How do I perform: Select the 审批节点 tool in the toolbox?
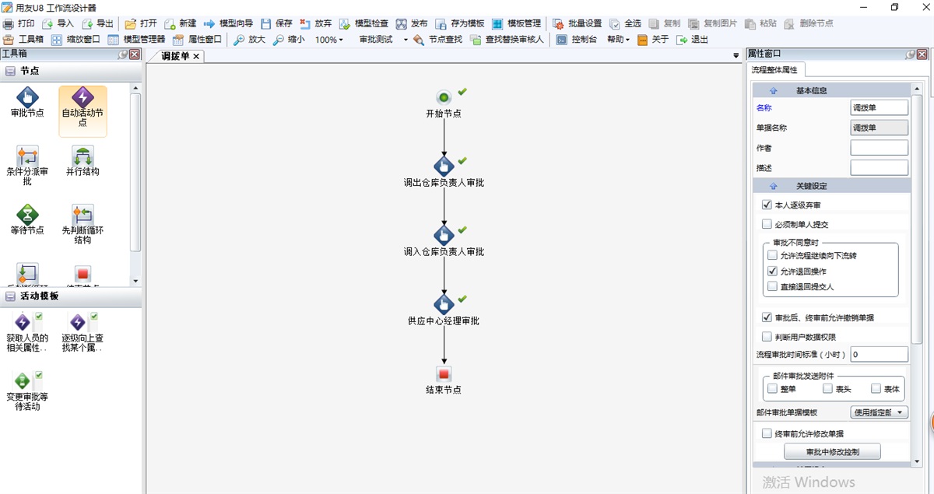click(x=27, y=98)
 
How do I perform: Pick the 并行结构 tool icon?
click(x=83, y=156)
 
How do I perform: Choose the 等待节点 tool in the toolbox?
click(x=27, y=214)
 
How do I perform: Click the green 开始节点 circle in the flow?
click(x=444, y=97)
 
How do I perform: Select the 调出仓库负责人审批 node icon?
click(x=444, y=166)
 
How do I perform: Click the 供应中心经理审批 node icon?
click(x=444, y=303)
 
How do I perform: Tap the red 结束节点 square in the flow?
click(x=444, y=374)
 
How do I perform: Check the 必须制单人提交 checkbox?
click(x=767, y=225)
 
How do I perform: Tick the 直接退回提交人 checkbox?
click(x=772, y=287)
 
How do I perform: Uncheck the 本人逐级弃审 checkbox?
click(x=767, y=205)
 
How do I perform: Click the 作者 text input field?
click(x=879, y=148)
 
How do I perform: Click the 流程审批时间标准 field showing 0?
click(x=879, y=355)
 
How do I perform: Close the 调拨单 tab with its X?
click(x=196, y=56)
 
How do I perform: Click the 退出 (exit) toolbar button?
click(x=693, y=40)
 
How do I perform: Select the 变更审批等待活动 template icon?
click(x=23, y=381)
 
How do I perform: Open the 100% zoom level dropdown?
click(x=329, y=40)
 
